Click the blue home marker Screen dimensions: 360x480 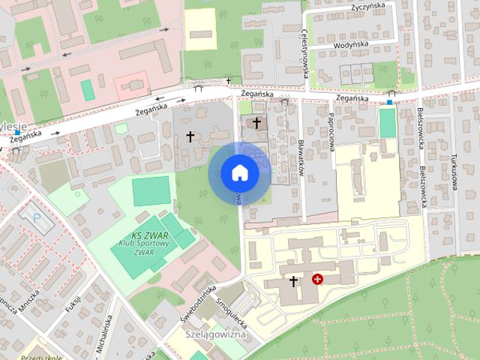pos(239,172)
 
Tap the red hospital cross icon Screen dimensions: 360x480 pos(317,279)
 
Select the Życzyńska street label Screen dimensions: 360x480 pos(367,6)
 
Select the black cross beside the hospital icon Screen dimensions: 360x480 pos(292,280)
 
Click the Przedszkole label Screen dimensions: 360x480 pos(43,358)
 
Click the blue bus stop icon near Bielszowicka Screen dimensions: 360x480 pos(389,101)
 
